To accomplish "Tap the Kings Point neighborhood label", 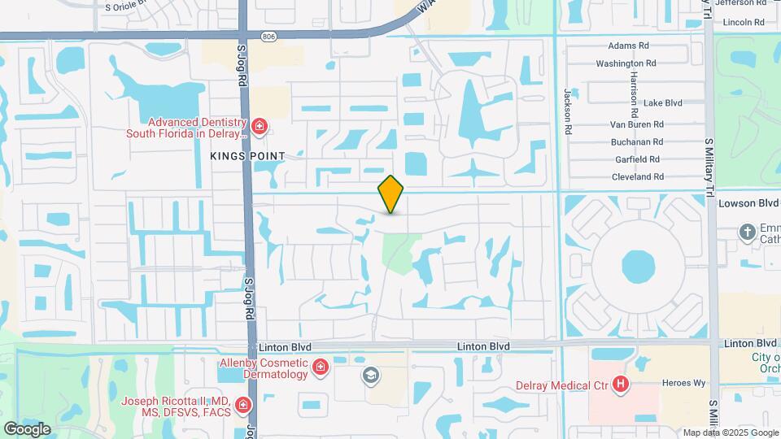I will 247,155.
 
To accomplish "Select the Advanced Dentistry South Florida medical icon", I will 260,126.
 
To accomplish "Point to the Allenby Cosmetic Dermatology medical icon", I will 321,368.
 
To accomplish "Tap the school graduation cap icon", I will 371,375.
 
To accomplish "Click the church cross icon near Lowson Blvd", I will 748,233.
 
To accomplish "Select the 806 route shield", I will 268,36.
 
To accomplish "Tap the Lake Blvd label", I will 662,103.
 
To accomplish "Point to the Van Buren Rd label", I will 637,124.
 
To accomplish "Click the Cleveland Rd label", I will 637,176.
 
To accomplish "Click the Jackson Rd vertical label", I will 567,106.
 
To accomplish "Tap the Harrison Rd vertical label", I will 632,89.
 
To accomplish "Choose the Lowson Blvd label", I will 748,203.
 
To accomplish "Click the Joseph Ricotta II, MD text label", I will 175,402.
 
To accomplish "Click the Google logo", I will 27,428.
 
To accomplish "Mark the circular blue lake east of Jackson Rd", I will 637,265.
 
